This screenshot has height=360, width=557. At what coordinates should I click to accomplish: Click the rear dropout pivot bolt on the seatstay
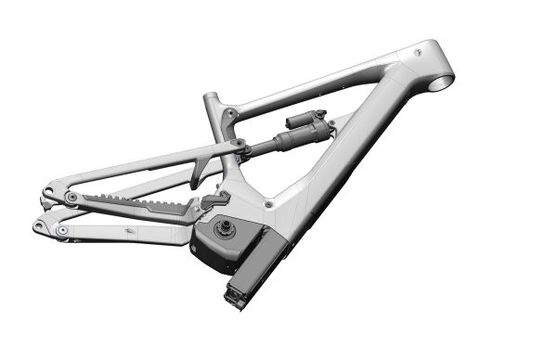pos(71,198)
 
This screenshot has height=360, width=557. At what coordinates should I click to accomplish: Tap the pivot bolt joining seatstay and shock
pos(239,145)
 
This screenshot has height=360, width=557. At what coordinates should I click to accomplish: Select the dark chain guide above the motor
pos(215,198)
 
